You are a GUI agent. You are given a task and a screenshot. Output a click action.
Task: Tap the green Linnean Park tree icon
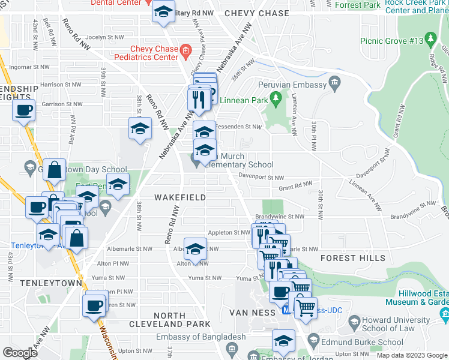(x=276, y=97)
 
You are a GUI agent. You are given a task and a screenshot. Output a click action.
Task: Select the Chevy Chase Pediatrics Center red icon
(x=186, y=50)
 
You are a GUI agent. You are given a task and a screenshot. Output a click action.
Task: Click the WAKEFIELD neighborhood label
(x=180, y=197)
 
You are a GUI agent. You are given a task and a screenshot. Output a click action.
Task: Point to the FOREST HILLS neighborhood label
(x=353, y=258)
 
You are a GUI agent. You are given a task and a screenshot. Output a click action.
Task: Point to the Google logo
(x=20, y=353)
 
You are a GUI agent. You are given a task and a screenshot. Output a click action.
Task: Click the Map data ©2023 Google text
(x=412, y=355)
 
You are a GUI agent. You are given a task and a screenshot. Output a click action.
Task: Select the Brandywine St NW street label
(x=280, y=217)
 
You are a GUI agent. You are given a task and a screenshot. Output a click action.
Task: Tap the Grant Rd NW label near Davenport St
(x=295, y=186)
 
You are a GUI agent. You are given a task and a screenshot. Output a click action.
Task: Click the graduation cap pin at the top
(x=163, y=11)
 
